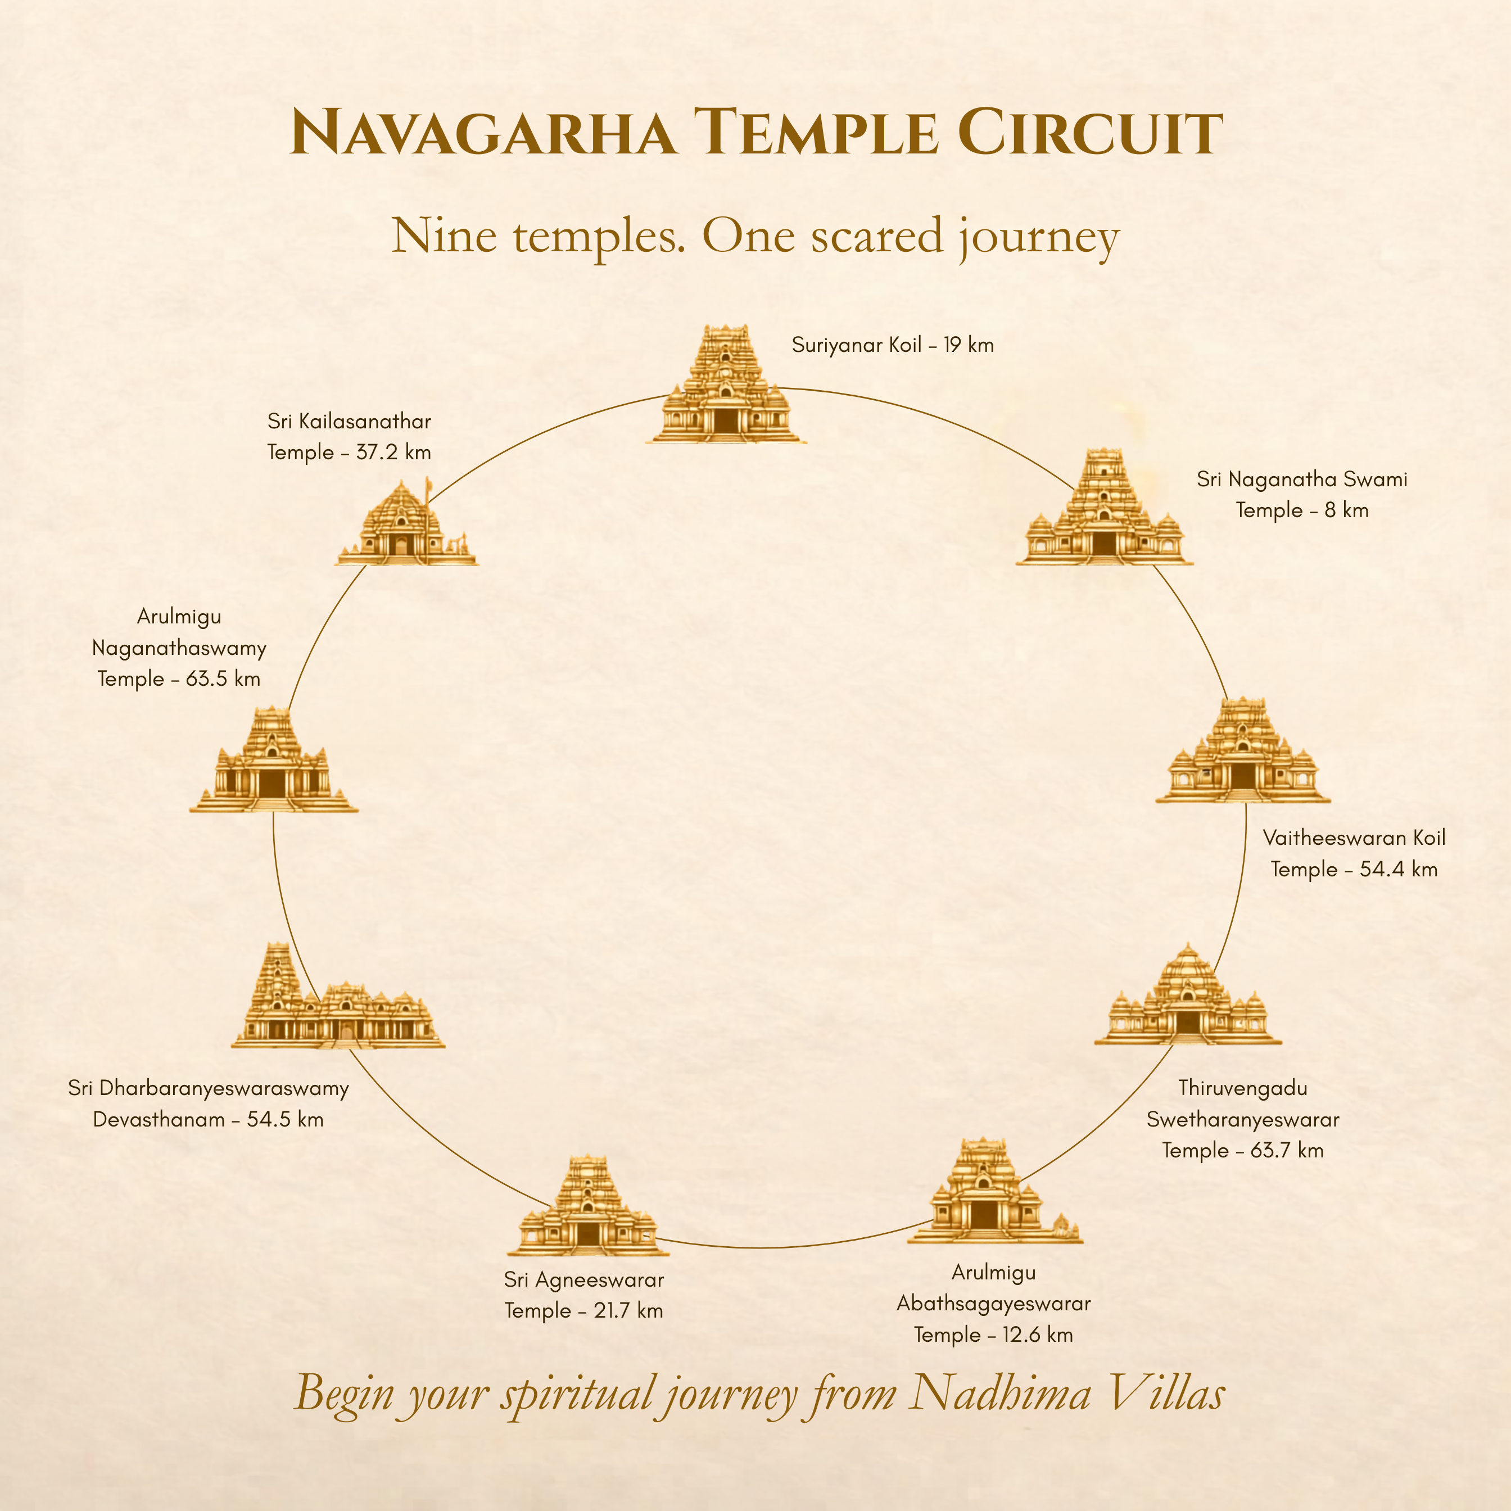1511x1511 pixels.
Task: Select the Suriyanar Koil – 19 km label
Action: [x=892, y=345]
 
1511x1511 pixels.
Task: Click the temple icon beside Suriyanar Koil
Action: [x=726, y=384]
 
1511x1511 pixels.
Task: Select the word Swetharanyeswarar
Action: [x=1243, y=1120]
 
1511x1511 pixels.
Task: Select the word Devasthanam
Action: [x=159, y=1120]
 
